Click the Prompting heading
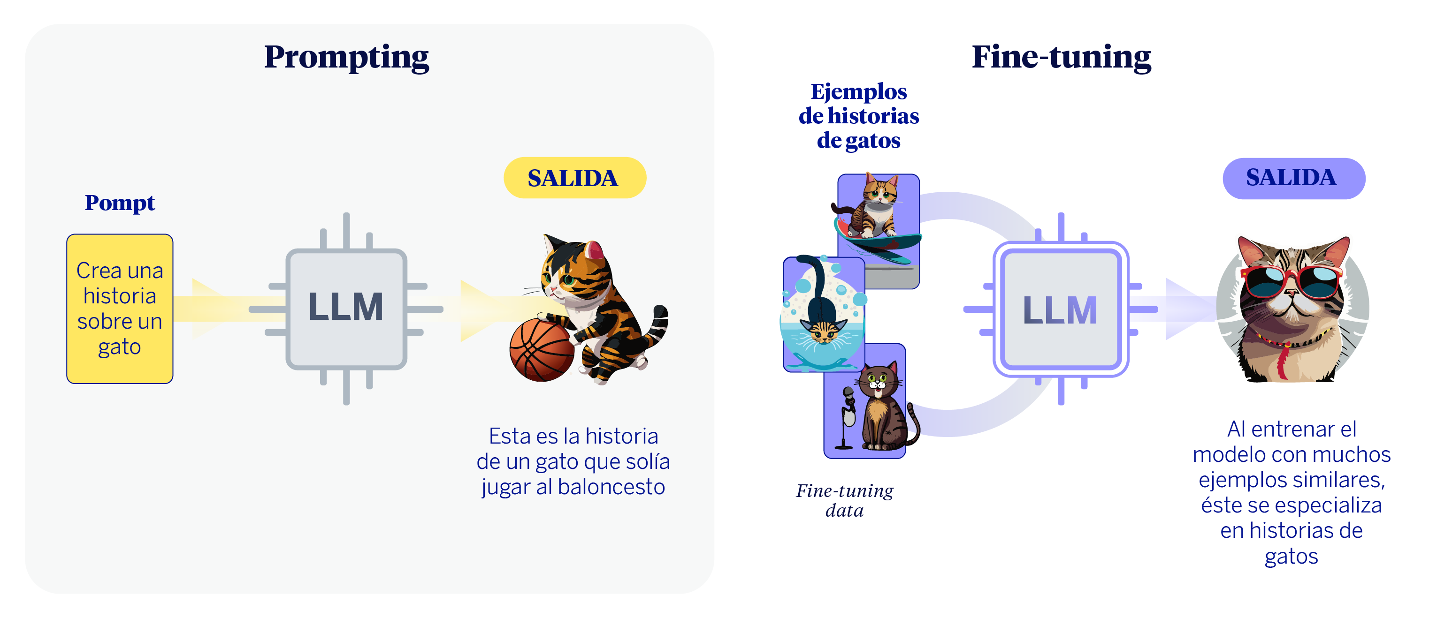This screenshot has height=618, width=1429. (346, 57)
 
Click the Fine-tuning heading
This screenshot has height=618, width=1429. (1061, 57)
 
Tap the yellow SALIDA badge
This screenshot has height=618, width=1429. (574, 178)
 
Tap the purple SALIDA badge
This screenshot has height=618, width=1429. (1293, 178)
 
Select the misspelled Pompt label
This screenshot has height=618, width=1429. (120, 203)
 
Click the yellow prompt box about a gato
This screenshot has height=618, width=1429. (120, 309)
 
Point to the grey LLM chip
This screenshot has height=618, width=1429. (346, 308)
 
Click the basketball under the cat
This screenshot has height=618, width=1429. (542, 350)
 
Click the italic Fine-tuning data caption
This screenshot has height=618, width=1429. (844, 500)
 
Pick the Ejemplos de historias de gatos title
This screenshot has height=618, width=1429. (858, 116)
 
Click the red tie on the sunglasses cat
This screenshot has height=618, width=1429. (1283, 363)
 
